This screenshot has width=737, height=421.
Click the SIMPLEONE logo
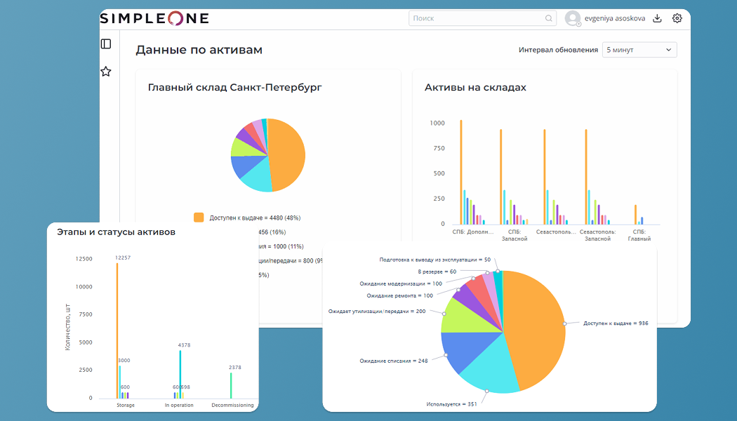154,18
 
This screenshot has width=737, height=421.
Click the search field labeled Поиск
477,18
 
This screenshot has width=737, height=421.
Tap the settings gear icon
677,18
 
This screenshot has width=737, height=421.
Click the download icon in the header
657,18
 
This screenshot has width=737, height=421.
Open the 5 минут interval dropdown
639,50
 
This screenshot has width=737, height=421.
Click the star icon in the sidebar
106,72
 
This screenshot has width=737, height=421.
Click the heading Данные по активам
199,50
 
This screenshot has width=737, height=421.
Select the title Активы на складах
475,88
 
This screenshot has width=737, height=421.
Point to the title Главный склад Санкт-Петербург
234,88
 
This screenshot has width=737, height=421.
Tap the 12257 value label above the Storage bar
123,258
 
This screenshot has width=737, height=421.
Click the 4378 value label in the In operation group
184,345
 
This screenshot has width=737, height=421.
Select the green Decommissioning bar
231,385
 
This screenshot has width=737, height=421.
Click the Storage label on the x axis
126,405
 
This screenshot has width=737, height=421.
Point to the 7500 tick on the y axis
84,314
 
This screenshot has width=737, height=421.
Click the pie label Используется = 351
451,404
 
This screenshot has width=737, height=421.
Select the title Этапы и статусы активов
116,232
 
